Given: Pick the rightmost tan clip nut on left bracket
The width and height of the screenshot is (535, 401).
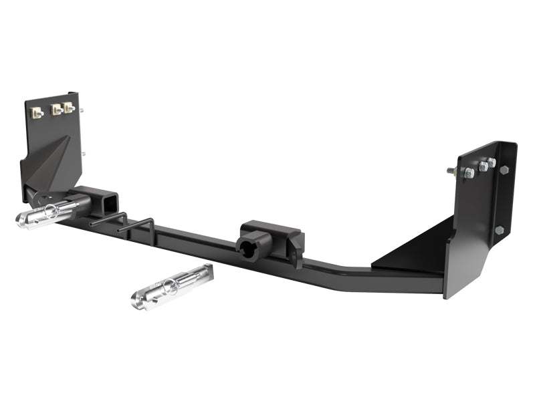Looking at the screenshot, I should (x=70, y=107).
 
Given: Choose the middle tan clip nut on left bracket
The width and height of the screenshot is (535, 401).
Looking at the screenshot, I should (x=56, y=109).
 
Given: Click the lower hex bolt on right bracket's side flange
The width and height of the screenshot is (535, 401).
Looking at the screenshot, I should (x=500, y=230).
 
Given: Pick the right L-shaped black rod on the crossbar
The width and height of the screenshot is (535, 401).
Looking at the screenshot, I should (x=138, y=227).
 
